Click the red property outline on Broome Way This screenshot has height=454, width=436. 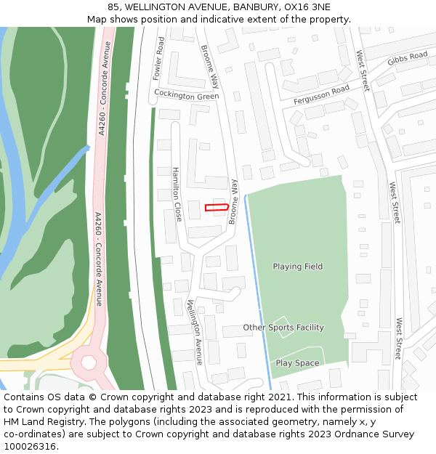click(217, 208)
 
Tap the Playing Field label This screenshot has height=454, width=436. click(298, 267)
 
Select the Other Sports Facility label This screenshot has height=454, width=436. click(283, 328)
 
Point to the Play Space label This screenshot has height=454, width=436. click(297, 362)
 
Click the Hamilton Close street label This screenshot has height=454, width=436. click(177, 194)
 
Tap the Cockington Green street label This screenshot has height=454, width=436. click(187, 95)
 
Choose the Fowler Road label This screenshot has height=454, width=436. click(159, 58)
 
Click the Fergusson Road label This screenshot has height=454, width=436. click(321, 95)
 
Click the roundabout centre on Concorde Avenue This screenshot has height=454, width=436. click(89, 361)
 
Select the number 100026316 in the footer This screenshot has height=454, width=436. click(31, 446)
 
